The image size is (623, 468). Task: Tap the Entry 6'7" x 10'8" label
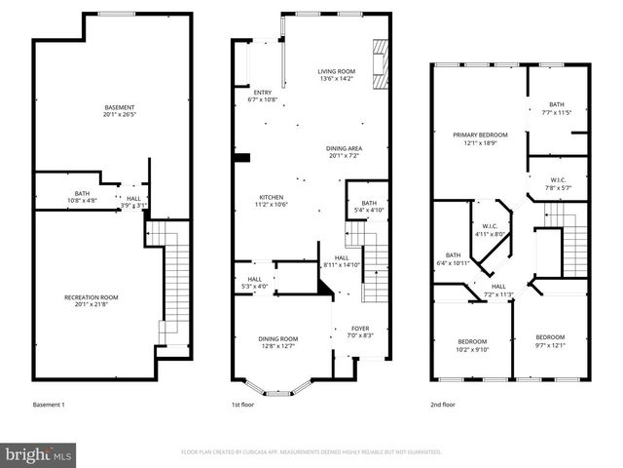tap(263, 96)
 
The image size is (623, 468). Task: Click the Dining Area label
tap(346, 151)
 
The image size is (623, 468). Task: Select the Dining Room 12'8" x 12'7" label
tap(278, 343)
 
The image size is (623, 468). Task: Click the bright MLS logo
tap(39, 453)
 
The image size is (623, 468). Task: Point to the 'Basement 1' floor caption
tap(49, 404)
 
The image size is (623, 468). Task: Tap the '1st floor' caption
tap(242, 404)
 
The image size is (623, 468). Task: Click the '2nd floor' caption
tap(442, 404)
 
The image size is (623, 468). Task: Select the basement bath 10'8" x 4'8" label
tap(82, 197)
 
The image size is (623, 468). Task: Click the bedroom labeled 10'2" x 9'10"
tap(473, 343)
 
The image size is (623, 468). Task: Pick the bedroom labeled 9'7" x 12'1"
tap(550, 343)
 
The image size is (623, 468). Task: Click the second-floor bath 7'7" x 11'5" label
tap(556, 107)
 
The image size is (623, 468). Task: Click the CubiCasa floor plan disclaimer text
tap(311, 452)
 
